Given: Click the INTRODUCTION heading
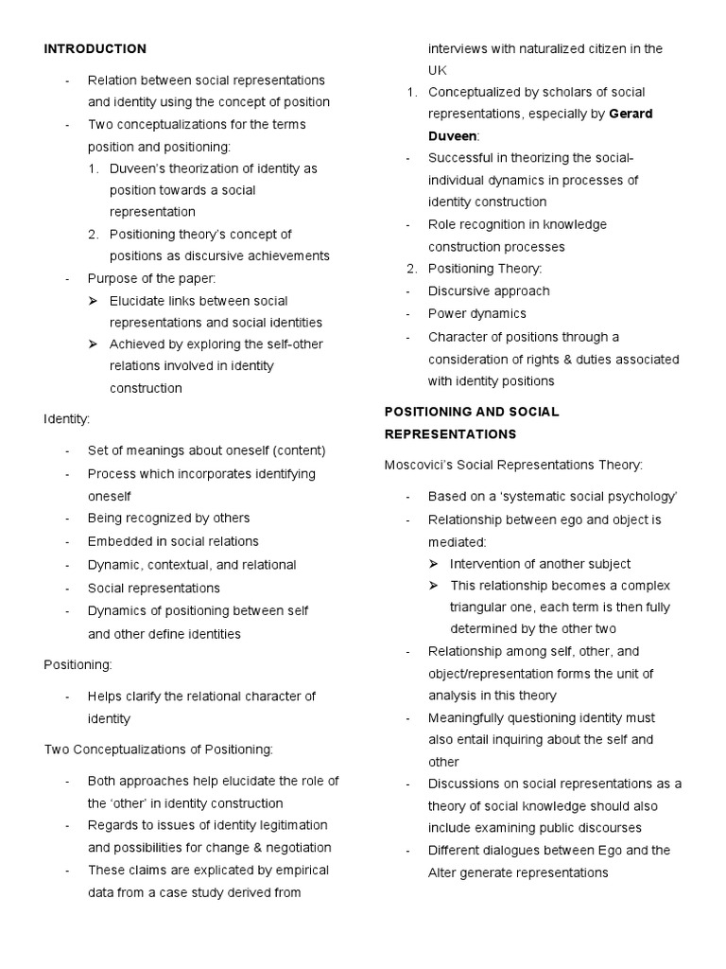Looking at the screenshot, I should [x=95, y=48].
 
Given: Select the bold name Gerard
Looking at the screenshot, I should [x=631, y=114].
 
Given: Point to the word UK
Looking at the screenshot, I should [x=439, y=70].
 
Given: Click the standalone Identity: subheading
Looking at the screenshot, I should [x=67, y=417].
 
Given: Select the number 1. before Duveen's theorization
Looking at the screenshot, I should [x=94, y=168].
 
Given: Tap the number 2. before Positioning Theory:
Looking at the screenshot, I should [x=411, y=269].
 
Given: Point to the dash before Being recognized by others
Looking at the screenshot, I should [x=68, y=519].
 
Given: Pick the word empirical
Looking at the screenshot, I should [x=296, y=870].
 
